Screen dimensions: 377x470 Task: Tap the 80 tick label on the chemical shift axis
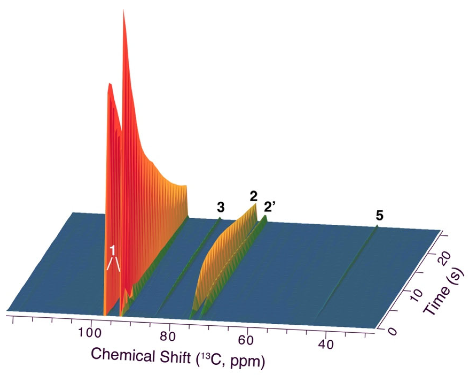click(168, 337)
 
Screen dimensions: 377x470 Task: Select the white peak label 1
click(112, 250)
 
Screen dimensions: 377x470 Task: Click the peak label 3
click(221, 207)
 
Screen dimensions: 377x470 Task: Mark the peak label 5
click(379, 216)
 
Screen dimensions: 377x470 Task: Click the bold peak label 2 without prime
click(253, 196)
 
